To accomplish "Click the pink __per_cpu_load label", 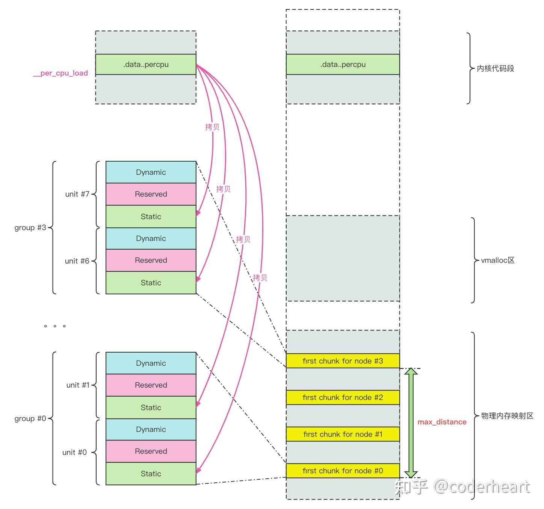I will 60,73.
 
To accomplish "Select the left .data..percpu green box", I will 146,64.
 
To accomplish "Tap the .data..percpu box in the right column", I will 343,64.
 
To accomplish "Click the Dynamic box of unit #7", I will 151,172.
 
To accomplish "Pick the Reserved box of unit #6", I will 151,260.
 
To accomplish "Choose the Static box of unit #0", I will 151,474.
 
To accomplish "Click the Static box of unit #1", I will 151,408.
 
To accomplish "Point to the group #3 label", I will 30,227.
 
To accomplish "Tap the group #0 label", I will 30,418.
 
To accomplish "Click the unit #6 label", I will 77,261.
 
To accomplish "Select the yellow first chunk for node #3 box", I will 343,361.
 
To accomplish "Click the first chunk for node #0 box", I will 343,471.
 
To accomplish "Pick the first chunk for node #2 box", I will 343,397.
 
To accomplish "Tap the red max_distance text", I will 442,422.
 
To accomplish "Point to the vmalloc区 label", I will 498,260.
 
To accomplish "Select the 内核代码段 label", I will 495,68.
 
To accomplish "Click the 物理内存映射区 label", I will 507,416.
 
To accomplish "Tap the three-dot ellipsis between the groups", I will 55,326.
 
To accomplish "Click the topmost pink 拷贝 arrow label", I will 212,127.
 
